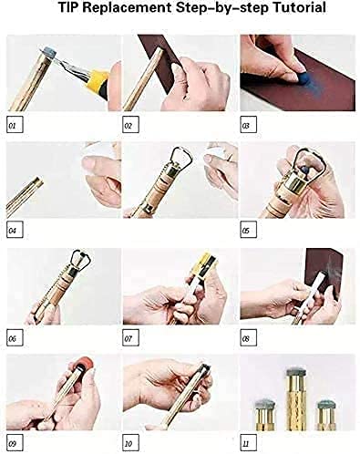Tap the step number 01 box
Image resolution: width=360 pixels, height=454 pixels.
(x=15, y=125)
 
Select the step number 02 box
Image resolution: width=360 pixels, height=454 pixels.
(x=131, y=125)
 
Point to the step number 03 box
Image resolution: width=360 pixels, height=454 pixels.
(x=248, y=125)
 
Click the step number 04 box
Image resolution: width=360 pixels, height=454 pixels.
(x=15, y=230)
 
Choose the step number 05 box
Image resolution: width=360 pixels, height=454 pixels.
(x=248, y=230)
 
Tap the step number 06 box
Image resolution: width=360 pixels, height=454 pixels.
(x=15, y=337)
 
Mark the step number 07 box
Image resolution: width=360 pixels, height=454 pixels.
(x=131, y=337)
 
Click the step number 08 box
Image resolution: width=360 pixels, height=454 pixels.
(x=248, y=337)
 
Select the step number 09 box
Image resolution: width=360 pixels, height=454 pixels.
(x=15, y=443)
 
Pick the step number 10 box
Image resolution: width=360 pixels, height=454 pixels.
(x=131, y=443)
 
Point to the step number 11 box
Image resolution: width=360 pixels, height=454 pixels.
(x=248, y=443)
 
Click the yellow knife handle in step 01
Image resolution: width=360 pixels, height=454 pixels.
(x=98, y=80)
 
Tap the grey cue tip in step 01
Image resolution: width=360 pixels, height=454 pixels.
(x=50, y=53)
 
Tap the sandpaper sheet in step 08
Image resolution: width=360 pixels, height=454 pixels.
(x=324, y=269)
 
